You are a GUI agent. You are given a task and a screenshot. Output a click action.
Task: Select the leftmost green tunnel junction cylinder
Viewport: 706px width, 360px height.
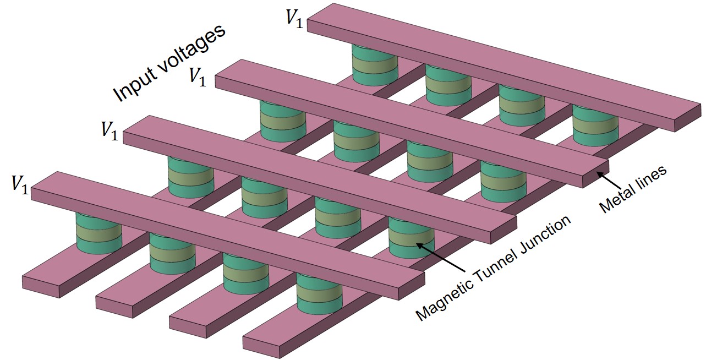(x=98, y=234)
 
